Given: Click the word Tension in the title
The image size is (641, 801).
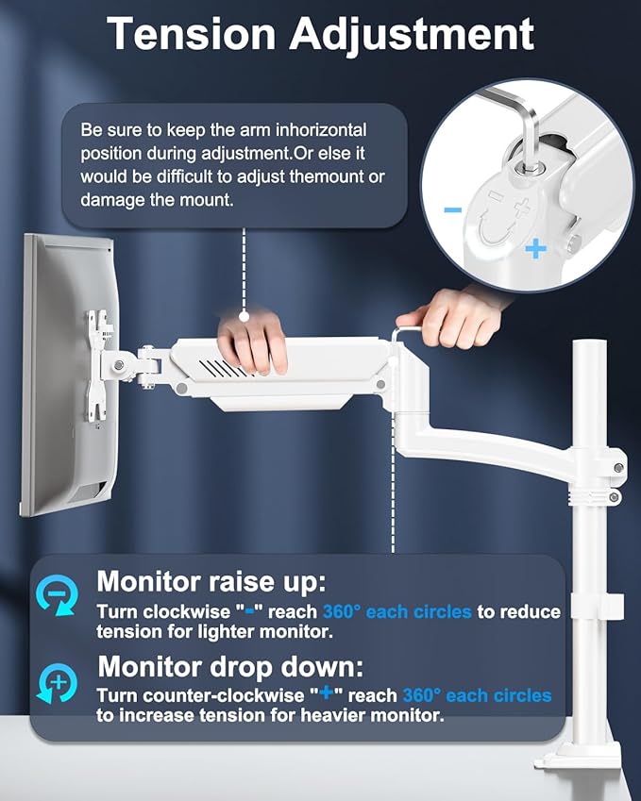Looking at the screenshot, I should coord(188,34).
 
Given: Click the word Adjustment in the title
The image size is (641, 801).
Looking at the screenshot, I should coord(412,36).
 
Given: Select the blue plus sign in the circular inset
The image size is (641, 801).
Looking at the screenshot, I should coord(536,249).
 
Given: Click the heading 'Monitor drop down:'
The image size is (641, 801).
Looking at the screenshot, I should coord(230,667).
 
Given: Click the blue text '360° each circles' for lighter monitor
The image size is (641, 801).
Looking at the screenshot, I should coord(396,611).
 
